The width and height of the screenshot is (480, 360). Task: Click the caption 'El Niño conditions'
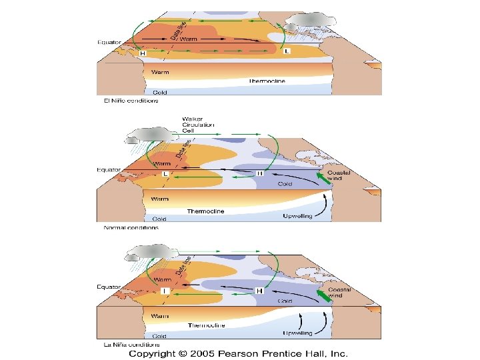pos(131,101)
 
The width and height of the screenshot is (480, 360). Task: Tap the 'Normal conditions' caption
pos(131,227)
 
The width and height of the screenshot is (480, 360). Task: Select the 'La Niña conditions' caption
pos(132,344)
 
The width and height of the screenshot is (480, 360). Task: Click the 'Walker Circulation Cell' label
pos(198,125)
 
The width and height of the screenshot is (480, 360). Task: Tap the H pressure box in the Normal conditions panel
pos(260,173)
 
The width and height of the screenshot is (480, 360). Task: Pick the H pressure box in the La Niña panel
pos(259,291)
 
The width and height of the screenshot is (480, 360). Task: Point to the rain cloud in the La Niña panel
pos(152,253)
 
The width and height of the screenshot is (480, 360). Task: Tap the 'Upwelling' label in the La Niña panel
pos(298,332)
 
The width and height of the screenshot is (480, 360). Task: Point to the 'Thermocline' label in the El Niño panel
pos(267,81)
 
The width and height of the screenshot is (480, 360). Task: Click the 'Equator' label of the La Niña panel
pos(108,287)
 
